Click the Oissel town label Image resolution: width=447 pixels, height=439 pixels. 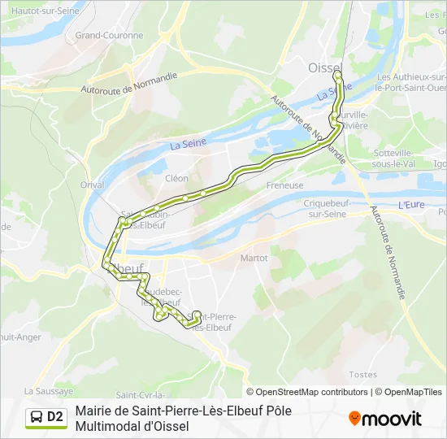pos(326,68)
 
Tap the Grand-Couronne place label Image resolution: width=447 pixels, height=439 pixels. pos(109,36)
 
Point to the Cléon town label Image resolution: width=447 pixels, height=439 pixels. pos(176,178)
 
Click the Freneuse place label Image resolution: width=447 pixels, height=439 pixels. pos(284,185)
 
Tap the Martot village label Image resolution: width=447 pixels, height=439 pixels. pos(254,258)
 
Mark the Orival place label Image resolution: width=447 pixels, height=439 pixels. pos(93,185)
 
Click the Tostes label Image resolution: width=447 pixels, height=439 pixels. pos(362,375)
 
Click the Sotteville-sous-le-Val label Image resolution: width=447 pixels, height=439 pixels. pos(394,158)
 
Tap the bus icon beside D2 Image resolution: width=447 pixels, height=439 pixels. pos(37,418)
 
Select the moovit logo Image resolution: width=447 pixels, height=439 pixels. pos(385,419)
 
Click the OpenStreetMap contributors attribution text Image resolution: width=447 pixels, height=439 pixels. pos(307,392)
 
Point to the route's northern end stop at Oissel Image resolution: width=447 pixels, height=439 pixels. pos(337,75)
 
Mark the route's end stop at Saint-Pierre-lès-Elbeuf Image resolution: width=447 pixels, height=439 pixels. pos(196,314)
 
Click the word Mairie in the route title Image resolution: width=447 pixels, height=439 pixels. pos(93,411)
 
